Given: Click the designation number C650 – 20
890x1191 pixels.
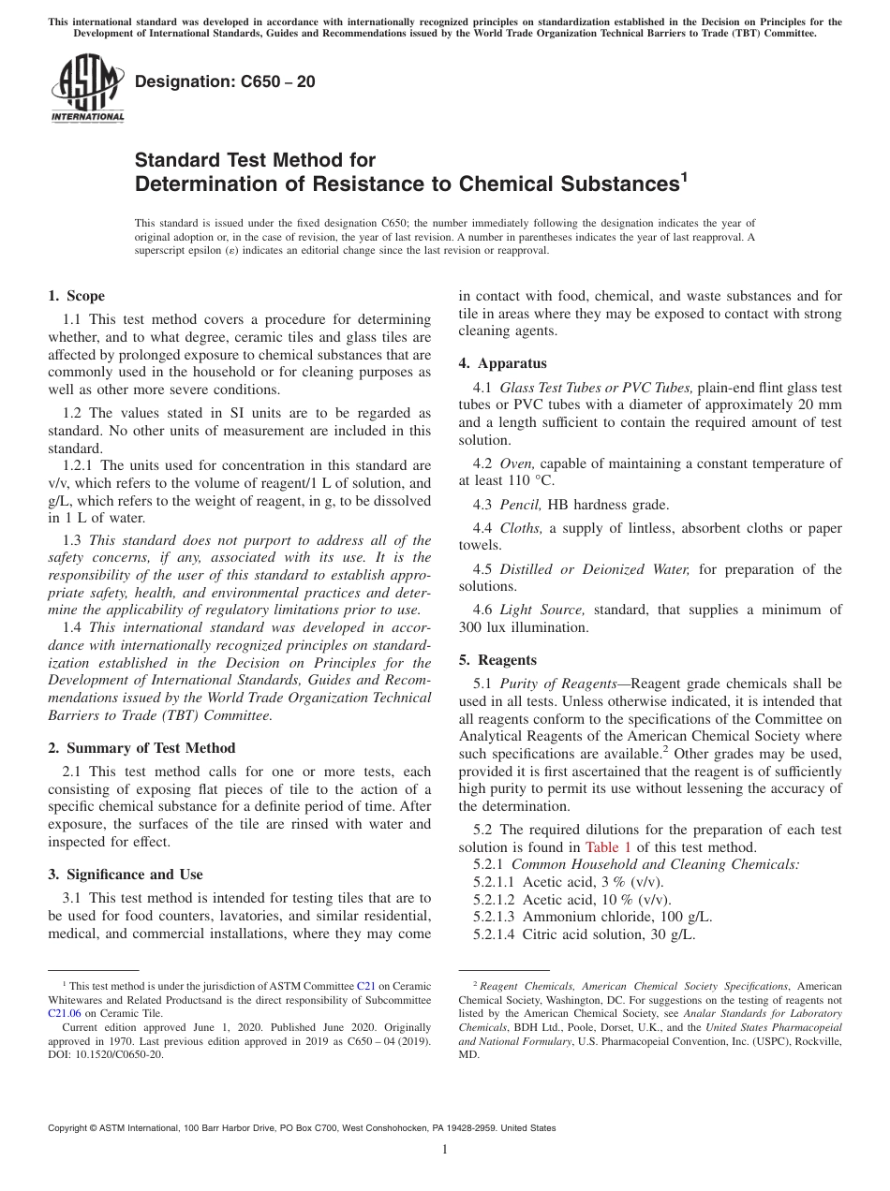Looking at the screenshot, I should click(225, 82).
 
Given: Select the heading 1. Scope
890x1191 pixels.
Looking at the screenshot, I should click(76, 296).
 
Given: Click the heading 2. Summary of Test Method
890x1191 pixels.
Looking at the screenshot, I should click(141, 748).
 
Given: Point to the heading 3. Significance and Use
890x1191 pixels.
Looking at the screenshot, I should click(125, 875).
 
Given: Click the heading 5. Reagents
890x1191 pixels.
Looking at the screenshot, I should click(497, 660).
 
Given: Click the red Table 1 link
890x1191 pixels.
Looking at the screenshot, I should click(608, 847).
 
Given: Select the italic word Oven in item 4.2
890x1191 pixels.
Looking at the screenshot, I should click(516, 463).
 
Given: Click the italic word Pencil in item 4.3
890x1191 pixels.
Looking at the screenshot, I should click(520, 505).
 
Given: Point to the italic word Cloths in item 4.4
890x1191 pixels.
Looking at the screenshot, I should click(520, 528).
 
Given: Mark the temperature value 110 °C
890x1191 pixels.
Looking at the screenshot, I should click(529, 480).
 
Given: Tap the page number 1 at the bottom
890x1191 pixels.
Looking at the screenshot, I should click(444, 1150).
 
